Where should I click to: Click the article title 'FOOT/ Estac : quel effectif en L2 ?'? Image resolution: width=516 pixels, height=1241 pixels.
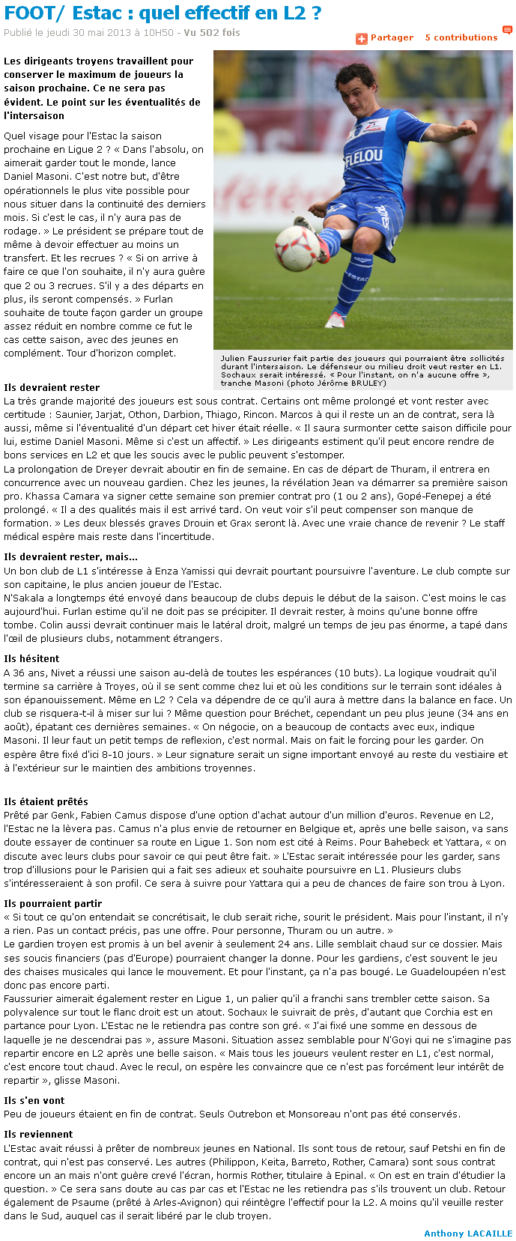click(163, 13)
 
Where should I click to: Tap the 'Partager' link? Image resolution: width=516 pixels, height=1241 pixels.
click(392, 37)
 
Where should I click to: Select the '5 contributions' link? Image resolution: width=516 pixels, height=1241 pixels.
click(461, 37)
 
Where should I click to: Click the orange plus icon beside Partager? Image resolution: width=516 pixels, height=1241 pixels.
click(361, 38)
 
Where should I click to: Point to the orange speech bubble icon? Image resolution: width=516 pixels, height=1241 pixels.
click(507, 31)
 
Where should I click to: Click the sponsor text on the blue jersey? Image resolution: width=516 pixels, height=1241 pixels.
click(364, 158)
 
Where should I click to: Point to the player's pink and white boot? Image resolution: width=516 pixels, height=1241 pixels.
click(335, 319)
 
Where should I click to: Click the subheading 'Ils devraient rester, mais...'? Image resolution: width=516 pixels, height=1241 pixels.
click(70, 556)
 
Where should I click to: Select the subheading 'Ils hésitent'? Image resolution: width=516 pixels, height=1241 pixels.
click(31, 658)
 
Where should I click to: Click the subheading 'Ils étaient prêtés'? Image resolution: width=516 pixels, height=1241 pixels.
click(46, 801)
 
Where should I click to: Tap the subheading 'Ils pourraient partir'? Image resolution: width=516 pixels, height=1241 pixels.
click(52, 903)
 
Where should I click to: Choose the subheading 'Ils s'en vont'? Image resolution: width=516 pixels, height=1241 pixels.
click(34, 1100)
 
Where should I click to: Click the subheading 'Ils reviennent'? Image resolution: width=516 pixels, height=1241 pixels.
click(38, 1134)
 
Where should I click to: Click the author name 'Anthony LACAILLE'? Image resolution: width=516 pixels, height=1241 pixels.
click(468, 1233)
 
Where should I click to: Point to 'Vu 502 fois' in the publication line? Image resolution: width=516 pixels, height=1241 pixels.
click(212, 33)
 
